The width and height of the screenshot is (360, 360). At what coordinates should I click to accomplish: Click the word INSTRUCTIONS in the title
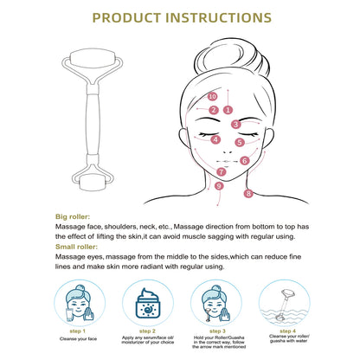tap(220, 17)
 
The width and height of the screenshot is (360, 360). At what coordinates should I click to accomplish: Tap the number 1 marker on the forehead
tap(228, 110)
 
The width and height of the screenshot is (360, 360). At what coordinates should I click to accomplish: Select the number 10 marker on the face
tap(213, 96)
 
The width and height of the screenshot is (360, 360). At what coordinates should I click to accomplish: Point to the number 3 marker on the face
tap(235, 125)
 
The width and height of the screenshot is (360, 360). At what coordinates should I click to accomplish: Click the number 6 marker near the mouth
tap(245, 160)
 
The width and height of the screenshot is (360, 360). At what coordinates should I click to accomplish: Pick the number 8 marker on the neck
tap(248, 194)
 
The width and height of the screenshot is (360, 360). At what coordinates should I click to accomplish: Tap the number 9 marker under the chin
tap(219, 186)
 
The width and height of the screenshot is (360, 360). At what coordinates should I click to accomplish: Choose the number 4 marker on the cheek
tap(215, 138)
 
